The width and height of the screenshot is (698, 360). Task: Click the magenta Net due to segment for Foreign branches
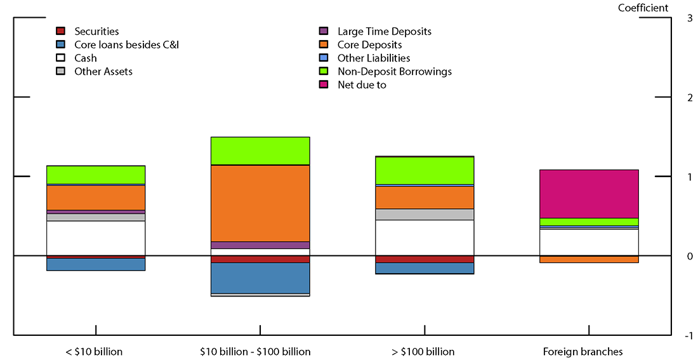[588, 194]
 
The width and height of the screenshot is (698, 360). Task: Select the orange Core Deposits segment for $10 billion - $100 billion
[260, 203]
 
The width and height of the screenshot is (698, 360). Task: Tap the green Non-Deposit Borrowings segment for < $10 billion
[96, 175]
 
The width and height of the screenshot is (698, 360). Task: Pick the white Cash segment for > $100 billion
[424, 237]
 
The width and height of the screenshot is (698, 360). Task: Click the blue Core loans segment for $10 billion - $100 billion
[260, 278]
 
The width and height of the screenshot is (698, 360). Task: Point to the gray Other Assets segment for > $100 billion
[424, 215]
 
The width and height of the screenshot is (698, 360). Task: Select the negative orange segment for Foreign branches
[588, 259]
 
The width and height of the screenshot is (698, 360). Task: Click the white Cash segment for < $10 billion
[96, 238]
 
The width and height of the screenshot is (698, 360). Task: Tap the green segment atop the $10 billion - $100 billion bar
[260, 150]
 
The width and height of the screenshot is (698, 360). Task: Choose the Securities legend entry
[96, 31]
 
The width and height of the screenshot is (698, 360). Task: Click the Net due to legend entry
[362, 84]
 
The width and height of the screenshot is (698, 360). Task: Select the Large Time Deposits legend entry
[384, 31]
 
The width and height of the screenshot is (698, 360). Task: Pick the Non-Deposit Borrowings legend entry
[394, 71]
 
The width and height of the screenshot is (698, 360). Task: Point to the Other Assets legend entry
[103, 71]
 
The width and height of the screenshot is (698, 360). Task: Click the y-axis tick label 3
[689, 18]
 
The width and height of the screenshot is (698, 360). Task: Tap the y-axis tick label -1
[688, 336]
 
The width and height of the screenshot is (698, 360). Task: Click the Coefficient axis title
[643, 8]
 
